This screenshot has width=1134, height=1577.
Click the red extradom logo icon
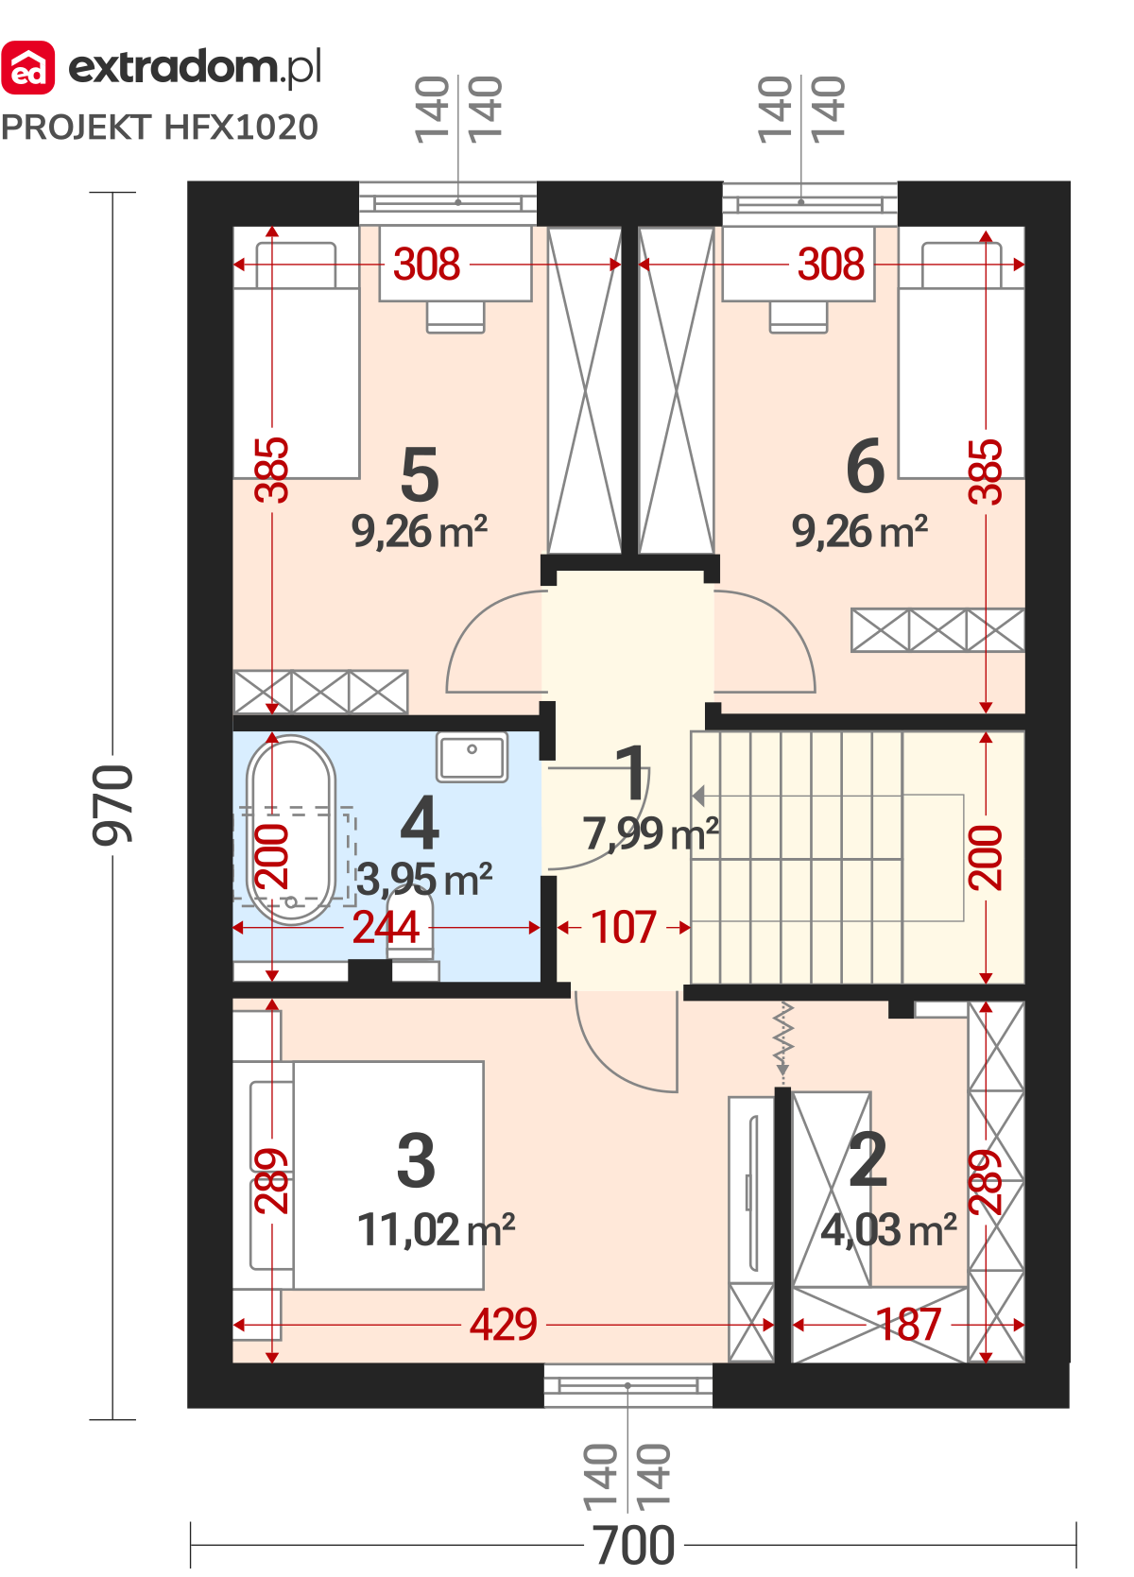[28, 68]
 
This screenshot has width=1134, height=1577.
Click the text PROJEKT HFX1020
[160, 128]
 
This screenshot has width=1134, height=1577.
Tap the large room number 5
[420, 475]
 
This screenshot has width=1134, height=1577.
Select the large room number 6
[865, 466]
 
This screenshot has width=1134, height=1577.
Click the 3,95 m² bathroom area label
[424, 879]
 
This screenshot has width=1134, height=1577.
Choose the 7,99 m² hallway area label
[651, 832]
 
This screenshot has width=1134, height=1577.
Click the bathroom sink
[472, 757]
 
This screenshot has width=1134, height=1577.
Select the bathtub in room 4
[291, 830]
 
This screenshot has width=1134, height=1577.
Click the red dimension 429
[504, 1325]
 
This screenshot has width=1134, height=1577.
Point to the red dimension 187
[909, 1325]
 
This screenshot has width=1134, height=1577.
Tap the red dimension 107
[624, 927]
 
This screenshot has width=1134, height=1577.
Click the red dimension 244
[387, 927]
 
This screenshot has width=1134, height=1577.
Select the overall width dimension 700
[633, 1546]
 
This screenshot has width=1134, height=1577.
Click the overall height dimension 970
[112, 805]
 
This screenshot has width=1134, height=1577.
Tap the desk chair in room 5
[455, 317]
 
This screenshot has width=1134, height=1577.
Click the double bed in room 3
[359, 1175]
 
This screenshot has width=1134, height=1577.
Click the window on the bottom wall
[627, 1385]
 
